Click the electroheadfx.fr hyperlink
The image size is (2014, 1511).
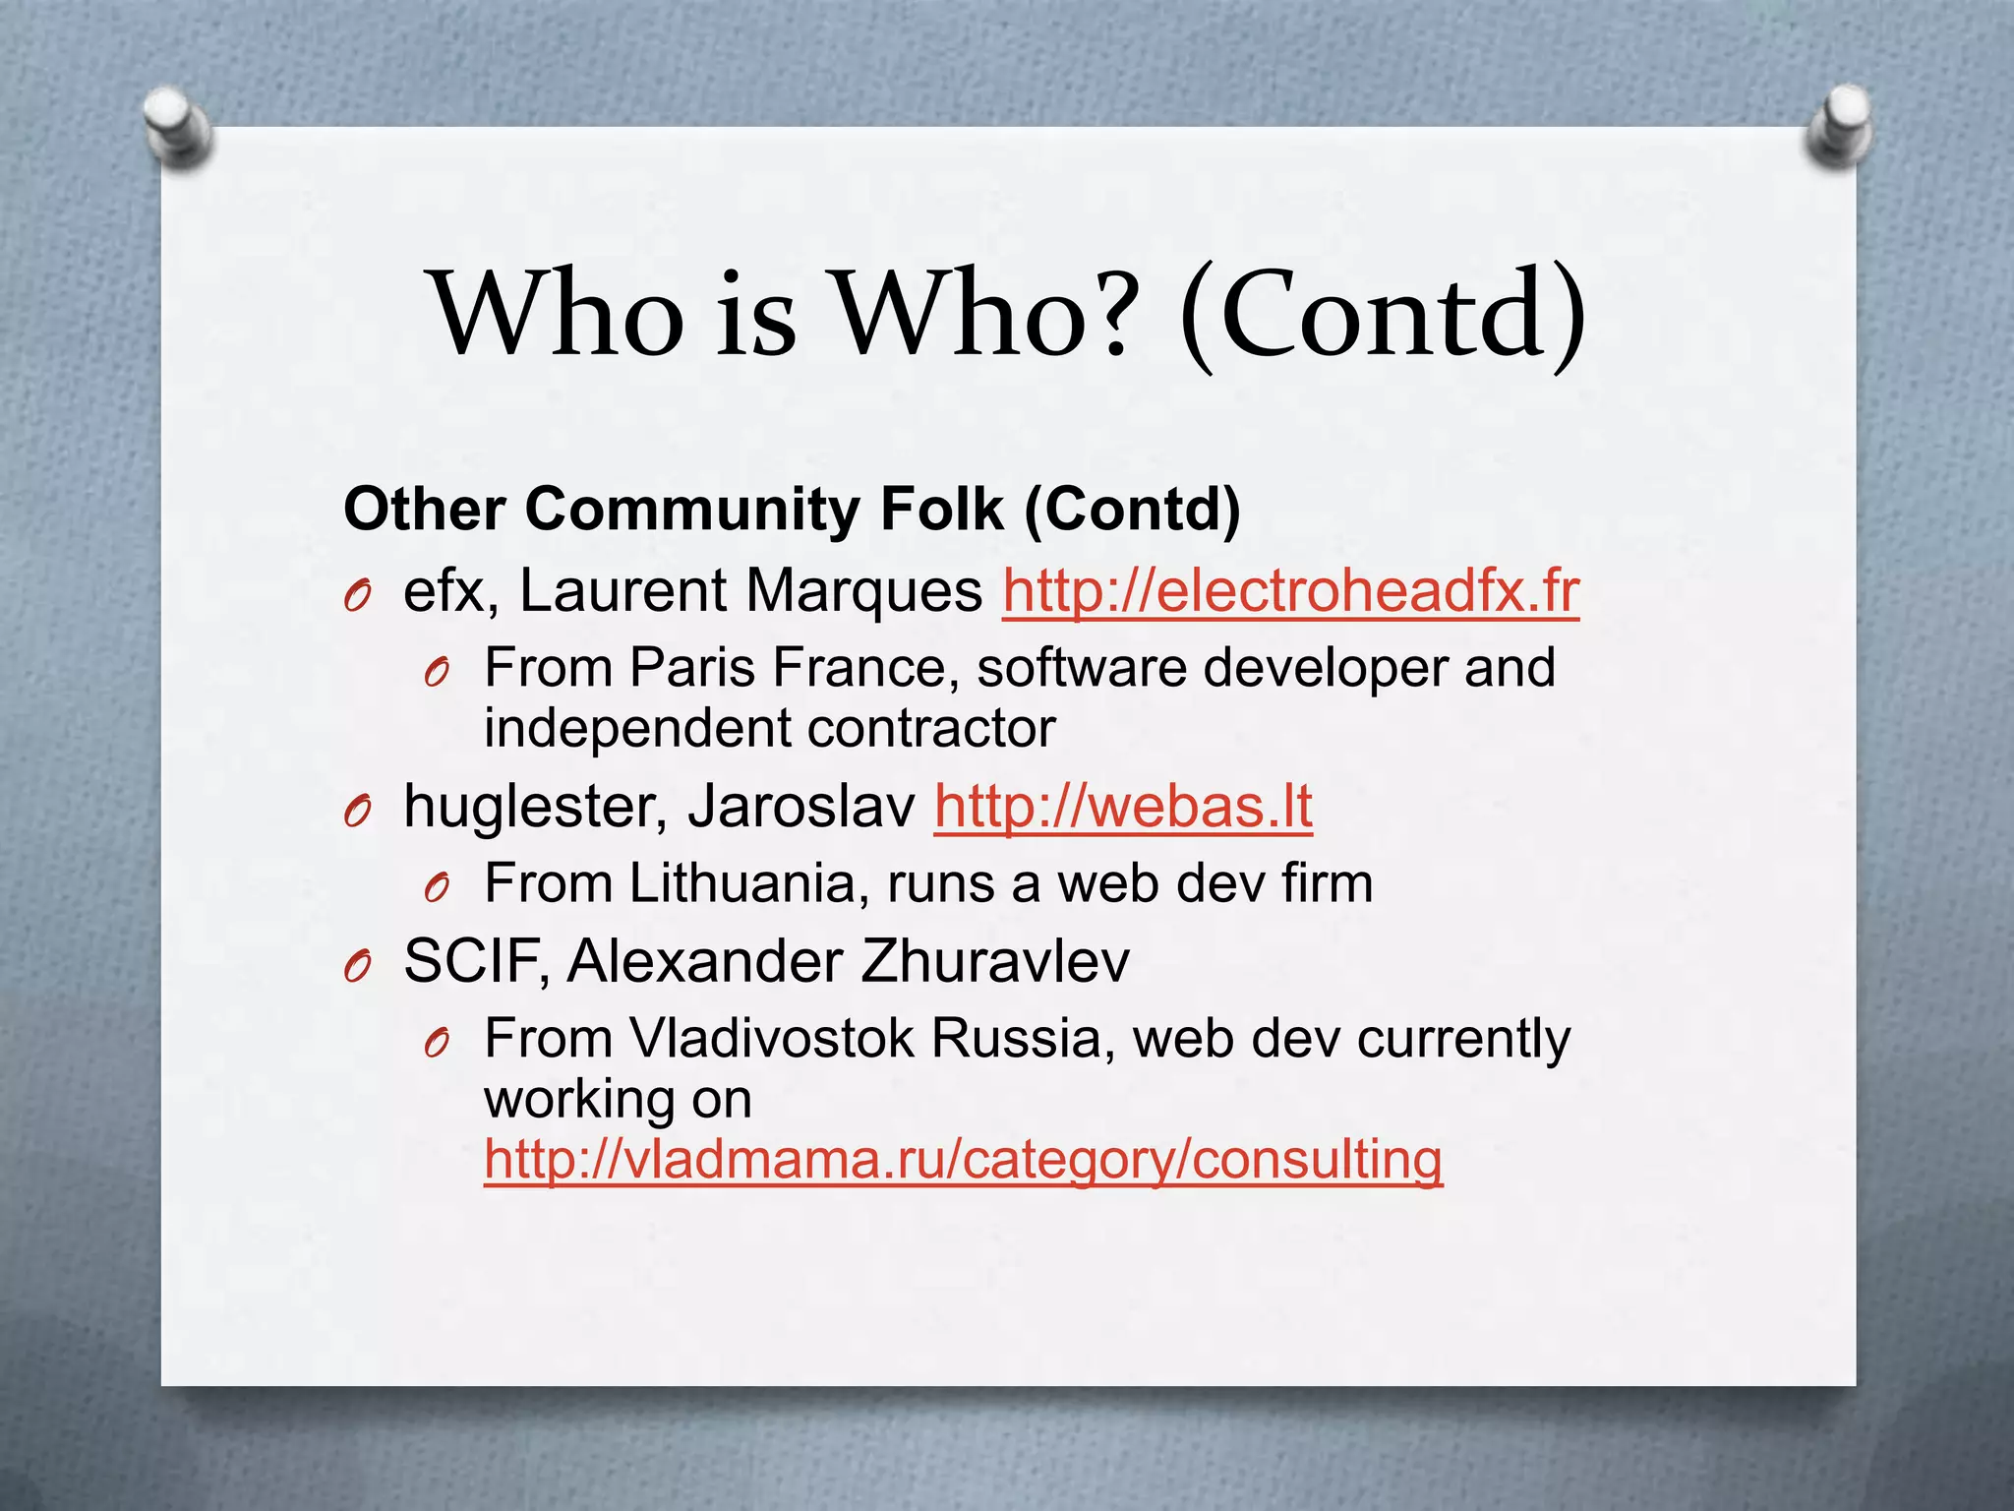[x=1290, y=592]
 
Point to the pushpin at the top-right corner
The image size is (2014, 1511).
[x=1839, y=125]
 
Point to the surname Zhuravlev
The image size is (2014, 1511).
[x=994, y=962]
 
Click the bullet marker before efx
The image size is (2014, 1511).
[x=357, y=595]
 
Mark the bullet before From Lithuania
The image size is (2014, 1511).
[x=437, y=888]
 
